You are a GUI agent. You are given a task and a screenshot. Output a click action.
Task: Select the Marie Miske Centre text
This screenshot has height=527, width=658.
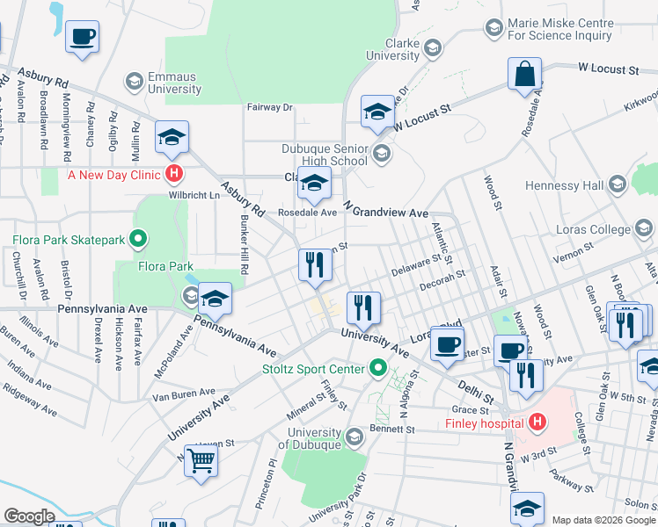pyautogui.click(x=559, y=30)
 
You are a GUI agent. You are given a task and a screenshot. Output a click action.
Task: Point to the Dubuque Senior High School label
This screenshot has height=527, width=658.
pyautogui.click(x=325, y=155)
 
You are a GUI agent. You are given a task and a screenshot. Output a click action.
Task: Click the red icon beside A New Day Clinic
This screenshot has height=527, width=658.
pyautogui.click(x=175, y=173)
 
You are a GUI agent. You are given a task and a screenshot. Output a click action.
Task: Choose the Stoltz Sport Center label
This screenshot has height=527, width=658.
pyautogui.click(x=314, y=368)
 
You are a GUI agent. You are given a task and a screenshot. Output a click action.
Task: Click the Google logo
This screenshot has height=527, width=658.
pyautogui.click(x=30, y=516)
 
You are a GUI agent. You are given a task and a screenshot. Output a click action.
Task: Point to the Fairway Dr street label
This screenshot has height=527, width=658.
pyautogui.click(x=270, y=107)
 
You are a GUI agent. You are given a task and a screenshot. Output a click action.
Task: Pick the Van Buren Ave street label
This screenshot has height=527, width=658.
pyautogui.click(x=184, y=393)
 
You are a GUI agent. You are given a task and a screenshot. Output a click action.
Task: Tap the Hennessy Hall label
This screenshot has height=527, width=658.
pyautogui.click(x=563, y=185)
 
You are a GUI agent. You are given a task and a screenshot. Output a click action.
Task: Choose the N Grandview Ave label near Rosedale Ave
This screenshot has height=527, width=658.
pyautogui.click(x=385, y=213)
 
